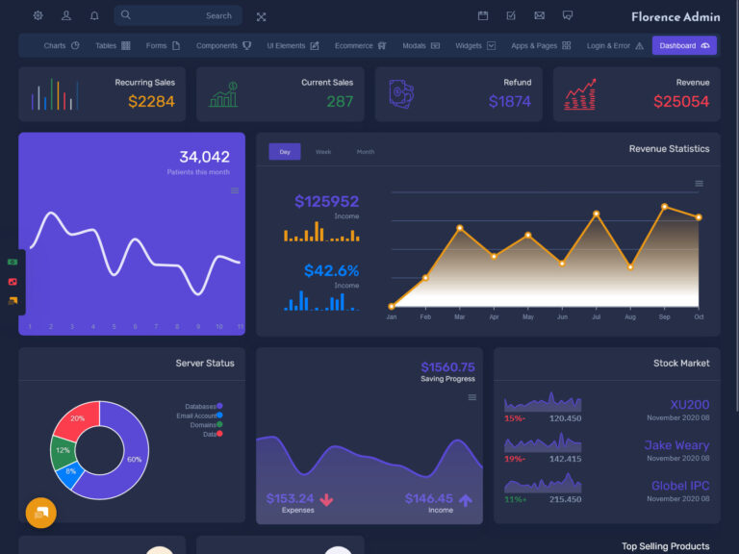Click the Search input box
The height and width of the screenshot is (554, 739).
[177, 15]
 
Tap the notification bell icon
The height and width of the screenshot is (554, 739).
[94, 15]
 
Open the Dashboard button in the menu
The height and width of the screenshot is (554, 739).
[684, 45]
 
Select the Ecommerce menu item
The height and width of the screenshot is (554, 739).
[360, 45]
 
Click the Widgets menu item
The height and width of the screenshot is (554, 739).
[475, 45]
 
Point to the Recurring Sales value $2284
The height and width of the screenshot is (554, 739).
[151, 101]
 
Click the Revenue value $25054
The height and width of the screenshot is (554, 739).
[681, 101]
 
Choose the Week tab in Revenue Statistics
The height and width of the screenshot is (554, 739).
[323, 152]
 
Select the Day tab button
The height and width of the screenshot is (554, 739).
[285, 152]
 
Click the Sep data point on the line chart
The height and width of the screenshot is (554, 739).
[664, 207]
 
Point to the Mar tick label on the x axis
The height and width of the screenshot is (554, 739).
[460, 316]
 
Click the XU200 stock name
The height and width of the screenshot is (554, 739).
[689, 405]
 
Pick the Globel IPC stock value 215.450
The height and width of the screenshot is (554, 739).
[565, 499]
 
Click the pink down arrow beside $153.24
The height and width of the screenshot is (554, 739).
[326, 499]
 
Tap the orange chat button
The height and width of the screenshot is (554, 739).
[41, 513]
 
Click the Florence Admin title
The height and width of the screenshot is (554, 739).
[675, 16]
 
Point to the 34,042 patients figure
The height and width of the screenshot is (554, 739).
[204, 157]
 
